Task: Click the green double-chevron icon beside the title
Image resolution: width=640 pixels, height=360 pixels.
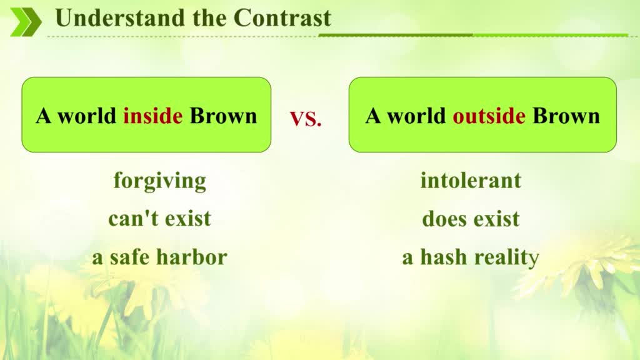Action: click(26, 22)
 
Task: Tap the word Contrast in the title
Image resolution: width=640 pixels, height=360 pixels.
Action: click(282, 18)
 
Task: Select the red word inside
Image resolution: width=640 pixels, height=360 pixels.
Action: click(152, 116)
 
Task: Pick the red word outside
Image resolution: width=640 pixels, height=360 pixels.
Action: click(489, 116)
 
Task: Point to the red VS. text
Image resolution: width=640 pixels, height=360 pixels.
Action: click(306, 118)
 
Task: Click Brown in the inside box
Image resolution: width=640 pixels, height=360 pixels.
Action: click(224, 116)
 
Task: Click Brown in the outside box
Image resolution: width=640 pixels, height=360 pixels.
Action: click(566, 116)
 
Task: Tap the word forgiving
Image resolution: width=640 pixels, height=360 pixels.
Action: click(159, 181)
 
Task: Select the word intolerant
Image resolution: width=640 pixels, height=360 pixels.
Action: click(471, 180)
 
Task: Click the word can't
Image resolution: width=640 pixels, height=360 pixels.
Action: click(134, 218)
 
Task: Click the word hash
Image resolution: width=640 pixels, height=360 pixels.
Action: click(444, 257)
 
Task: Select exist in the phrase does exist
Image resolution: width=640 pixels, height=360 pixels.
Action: click(496, 218)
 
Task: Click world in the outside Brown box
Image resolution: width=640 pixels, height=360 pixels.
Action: click(416, 116)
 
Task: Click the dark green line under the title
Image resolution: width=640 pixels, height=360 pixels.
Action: click(396, 35)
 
